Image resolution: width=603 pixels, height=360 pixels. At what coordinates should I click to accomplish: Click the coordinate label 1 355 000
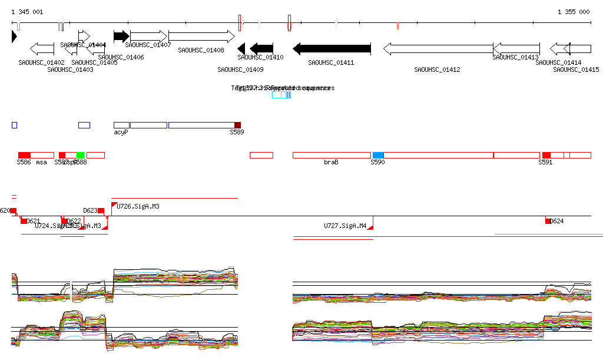click(x=573, y=12)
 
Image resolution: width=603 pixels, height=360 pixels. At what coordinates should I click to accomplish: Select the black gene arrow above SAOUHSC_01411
click(x=332, y=48)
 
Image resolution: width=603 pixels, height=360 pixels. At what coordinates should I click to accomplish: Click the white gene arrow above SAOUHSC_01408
click(x=201, y=37)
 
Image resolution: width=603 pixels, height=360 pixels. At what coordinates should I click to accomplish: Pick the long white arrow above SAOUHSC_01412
click(x=438, y=48)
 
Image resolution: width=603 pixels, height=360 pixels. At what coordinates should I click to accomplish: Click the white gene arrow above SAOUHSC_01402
click(x=42, y=48)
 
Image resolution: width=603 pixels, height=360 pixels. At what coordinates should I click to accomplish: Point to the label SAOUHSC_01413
click(x=515, y=57)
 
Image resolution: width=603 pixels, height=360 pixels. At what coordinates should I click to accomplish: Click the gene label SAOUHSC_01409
click(x=240, y=70)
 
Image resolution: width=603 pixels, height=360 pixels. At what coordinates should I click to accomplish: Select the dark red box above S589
click(x=237, y=125)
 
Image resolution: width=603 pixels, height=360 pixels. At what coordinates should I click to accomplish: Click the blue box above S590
click(x=378, y=155)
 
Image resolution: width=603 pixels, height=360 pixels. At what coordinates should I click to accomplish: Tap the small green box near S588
click(x=81, y=155)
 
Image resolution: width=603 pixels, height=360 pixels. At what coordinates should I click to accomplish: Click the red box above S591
click(x=546, y=155)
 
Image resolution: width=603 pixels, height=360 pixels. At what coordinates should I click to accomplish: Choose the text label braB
click(x=331, y=162)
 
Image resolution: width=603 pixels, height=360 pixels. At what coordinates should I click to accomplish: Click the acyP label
click(x=121, y=133)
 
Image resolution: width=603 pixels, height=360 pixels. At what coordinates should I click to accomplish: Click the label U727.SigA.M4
click(x=345, y=226)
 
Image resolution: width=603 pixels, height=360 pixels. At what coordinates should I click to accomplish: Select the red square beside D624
click(x=548, y=221)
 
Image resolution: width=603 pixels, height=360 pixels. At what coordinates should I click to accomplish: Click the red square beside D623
click(x=101, y=210)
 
